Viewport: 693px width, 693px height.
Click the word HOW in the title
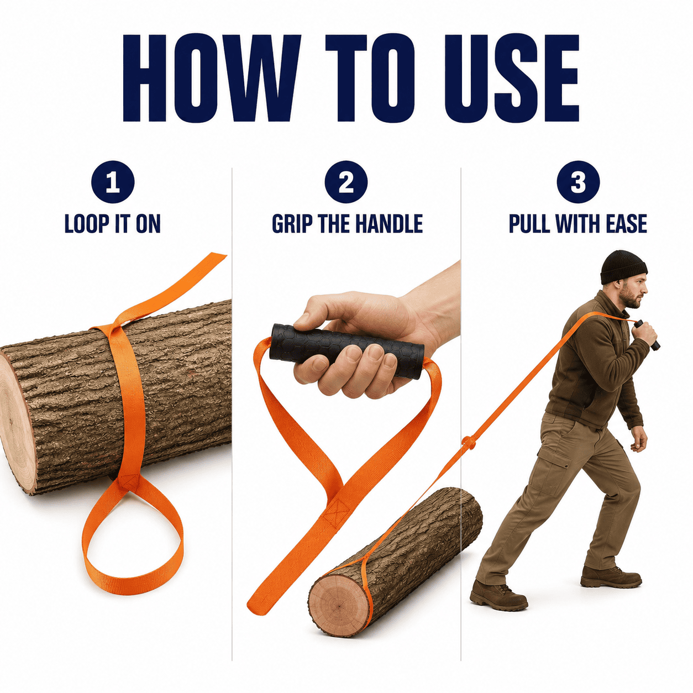(212, 78)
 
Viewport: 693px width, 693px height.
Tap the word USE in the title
(512, 78)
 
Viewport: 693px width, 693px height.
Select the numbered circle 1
(113, 182)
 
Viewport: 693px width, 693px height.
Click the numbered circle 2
(346, 182)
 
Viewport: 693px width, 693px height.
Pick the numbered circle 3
(578, 182)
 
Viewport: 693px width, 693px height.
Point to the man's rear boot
(498, 595)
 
